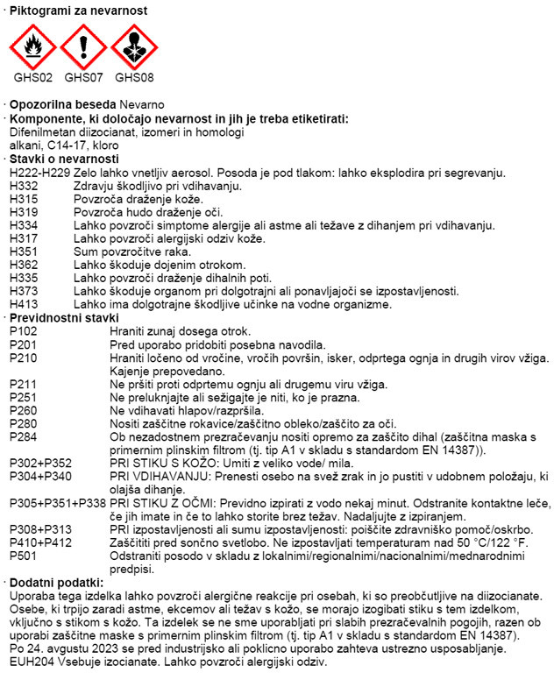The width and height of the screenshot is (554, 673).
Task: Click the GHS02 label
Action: point(32,77)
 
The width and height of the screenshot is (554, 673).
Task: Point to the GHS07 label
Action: point(83,77)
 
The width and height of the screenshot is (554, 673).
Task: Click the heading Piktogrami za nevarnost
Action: point(78,11)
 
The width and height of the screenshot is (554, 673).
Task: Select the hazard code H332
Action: point(24,187)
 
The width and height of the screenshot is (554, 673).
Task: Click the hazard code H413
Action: point(24,305)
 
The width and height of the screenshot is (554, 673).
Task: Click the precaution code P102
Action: point(24,331)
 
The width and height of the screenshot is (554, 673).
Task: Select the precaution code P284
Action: point(24,436)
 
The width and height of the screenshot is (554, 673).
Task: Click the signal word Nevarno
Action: point(131,104)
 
